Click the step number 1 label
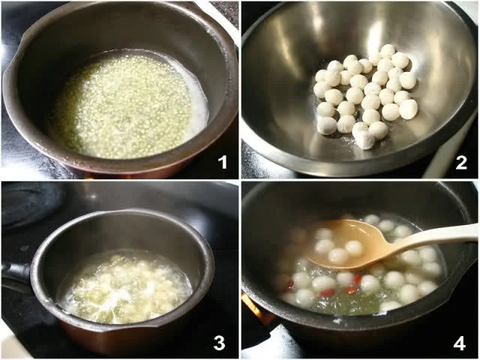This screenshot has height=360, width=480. [x=223, y=162]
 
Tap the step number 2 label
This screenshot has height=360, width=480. [x=461, y=163]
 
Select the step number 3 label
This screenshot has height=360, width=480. [x=219, y=343]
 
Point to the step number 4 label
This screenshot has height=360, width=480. [x=460, y=343]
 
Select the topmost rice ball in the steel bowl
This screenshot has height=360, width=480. [x=388, y=50]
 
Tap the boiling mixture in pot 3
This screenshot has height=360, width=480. [x=125, y=287]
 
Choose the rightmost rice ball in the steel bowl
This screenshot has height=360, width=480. [x=408, y=109]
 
